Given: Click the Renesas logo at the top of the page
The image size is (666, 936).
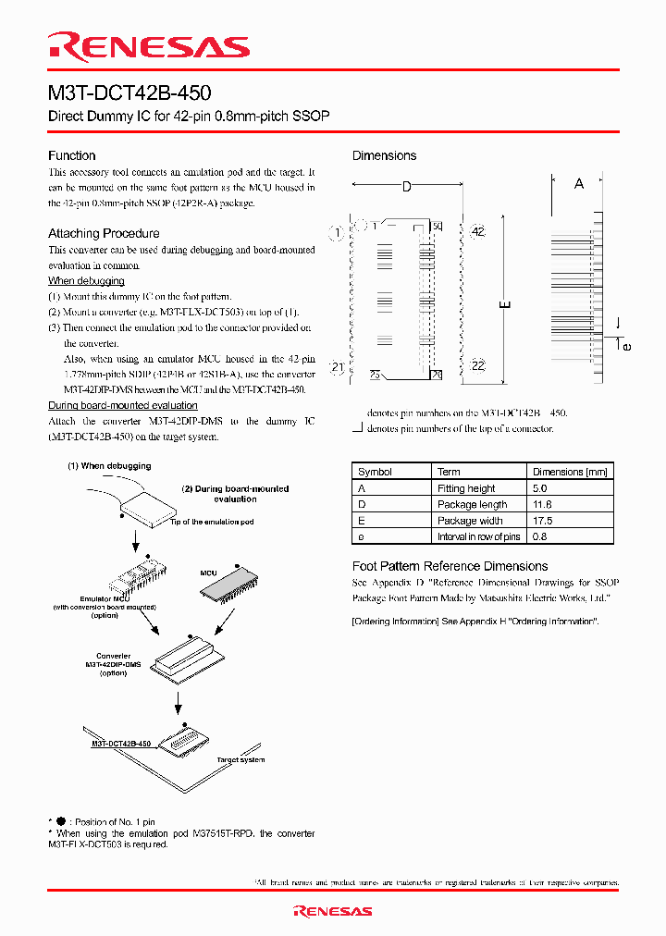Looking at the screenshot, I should pos(149,47).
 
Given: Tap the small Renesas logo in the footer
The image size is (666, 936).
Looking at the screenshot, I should pos(333,911).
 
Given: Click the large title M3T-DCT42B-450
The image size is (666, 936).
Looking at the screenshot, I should pos(129,93).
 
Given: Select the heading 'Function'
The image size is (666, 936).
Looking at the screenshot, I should pos(72,155).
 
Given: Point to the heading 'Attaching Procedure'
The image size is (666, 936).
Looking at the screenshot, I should pos(104,233).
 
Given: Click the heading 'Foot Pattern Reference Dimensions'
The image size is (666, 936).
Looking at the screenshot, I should pos(450,566).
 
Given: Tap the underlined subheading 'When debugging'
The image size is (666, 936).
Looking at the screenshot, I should pos(86,281).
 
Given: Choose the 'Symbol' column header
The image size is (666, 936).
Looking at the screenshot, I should pos(375,472).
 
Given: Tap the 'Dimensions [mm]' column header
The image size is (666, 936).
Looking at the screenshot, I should pos(570,472).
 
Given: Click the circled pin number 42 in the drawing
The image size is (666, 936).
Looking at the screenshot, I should pos(477,232).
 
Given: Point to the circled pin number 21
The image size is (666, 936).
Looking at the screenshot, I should pos(338,368).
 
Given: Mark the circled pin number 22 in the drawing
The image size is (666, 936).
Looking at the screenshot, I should pos(477,365).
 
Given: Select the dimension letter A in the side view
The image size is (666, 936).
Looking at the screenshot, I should pos(579,184).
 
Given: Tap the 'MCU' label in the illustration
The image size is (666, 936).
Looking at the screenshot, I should pos(209,573).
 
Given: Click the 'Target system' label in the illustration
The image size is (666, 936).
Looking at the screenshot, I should pos(240,759).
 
